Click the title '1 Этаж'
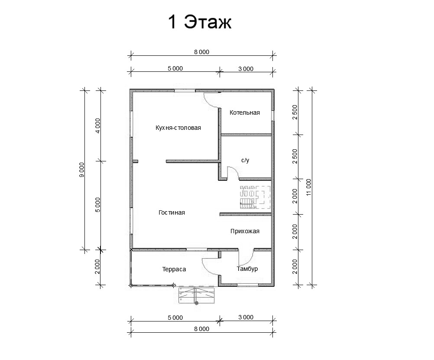click(200, 22)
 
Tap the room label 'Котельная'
click(245, 113)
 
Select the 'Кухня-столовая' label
click(178, 128)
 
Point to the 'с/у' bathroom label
click(245, 160)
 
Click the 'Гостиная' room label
click(172, 212)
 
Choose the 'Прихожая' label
click(245, 231)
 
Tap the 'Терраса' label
click(174, 269)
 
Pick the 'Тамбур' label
click(247, 269)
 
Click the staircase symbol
click(255, 197)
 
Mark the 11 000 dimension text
click(308, 187)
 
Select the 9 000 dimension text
click(82, 170)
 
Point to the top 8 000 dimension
click(201, 52)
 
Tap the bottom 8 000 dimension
click(201, 329)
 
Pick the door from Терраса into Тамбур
click(210, 266)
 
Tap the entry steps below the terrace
click(197, 296)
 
